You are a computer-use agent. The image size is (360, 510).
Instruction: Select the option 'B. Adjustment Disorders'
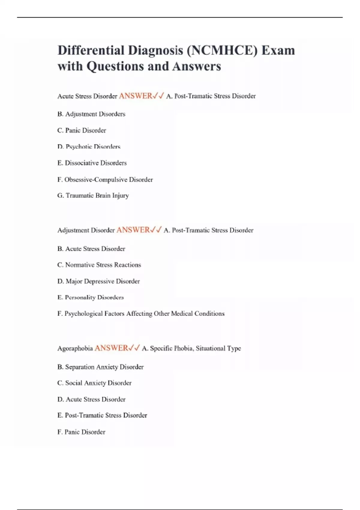pos(91,114)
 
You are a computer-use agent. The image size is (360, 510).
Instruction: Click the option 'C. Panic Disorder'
pos(82,130)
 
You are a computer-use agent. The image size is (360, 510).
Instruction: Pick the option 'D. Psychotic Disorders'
pos(89,147)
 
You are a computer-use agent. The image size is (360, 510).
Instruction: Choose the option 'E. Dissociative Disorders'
pos(92,163)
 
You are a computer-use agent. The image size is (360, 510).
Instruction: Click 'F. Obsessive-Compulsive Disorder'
pos(105,180)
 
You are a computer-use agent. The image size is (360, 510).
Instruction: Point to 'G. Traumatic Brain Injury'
pos(93,196)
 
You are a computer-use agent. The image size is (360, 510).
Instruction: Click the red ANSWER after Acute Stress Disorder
pos(136,96)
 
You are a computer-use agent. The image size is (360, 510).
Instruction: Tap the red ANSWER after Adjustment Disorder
pos(133,230)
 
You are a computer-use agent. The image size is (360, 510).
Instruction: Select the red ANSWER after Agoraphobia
pos(111,348)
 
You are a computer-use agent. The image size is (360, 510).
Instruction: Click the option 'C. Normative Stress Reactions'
pos(99,265)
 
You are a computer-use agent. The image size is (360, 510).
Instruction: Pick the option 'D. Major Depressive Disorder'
pos(98,281)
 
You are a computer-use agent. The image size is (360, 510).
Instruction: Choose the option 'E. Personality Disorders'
pos(90,297)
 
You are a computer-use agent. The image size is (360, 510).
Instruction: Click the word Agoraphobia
pos(75,349)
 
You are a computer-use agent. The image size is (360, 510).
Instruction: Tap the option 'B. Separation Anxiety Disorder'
pos(100,367)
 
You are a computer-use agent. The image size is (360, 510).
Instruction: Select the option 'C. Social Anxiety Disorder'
pos(94,383)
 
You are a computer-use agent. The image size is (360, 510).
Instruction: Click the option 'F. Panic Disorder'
pos(81,432)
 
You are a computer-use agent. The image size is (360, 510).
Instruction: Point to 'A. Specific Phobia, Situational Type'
pos(191,349)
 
